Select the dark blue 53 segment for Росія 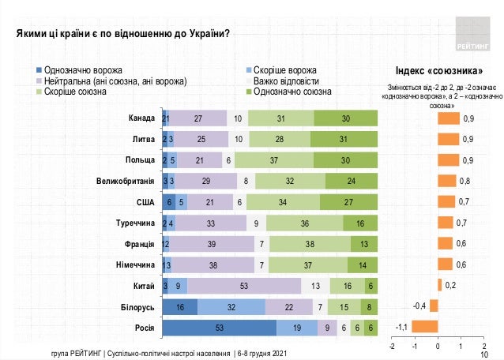point(219,326)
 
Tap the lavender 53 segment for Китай point(245,284)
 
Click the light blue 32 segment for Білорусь point(231,305)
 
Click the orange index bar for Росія point(425,326)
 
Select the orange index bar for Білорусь point(433,305)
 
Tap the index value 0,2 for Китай point(450,284)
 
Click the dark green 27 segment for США point(348,201)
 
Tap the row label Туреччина point(131,223)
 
